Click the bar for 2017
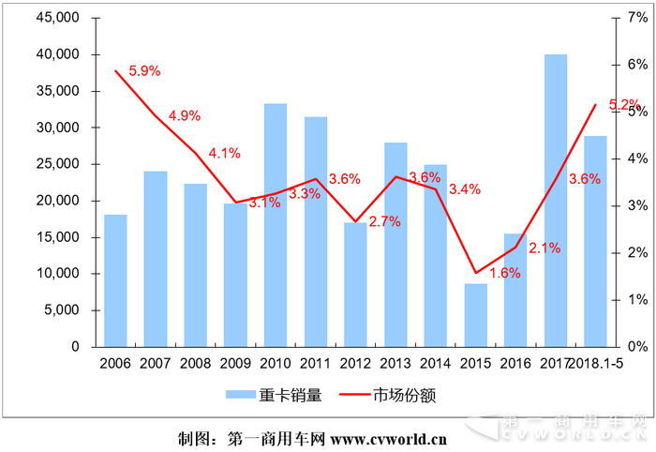pos(556,201)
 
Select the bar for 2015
pos(476,315)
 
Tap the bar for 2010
pos(276,225)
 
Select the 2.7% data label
pos(385,221)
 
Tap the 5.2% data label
pos(624,105)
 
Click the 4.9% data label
pos(185,115)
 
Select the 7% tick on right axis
pos(639,18)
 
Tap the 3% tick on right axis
pos(639,205)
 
